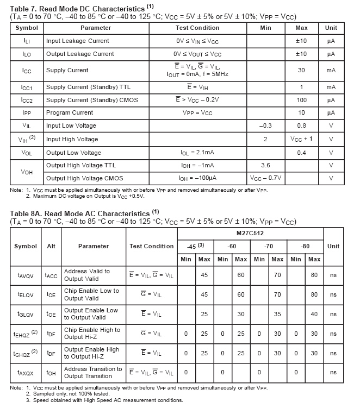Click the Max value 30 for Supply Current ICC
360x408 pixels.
tap(301, 70)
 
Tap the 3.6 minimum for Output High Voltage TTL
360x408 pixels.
tap(265, 165)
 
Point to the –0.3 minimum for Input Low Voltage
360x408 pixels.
tap(265, 126)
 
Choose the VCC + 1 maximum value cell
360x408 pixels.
tap(301, 139)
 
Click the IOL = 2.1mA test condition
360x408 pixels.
tap(197, 153)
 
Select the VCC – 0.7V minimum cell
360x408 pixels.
tap(265, 178)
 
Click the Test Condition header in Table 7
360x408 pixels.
tap(197, 28)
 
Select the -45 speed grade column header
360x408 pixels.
tap(195, 246)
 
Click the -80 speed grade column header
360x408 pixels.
tap(305, 246)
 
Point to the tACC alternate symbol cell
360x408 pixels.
tap(51, 275)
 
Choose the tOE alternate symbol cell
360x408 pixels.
tap(51, 314)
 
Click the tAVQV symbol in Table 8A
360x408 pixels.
tap(26, 275)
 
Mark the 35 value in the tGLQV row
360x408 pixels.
tap(277, 314)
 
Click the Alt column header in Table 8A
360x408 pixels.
tap(51, 246)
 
